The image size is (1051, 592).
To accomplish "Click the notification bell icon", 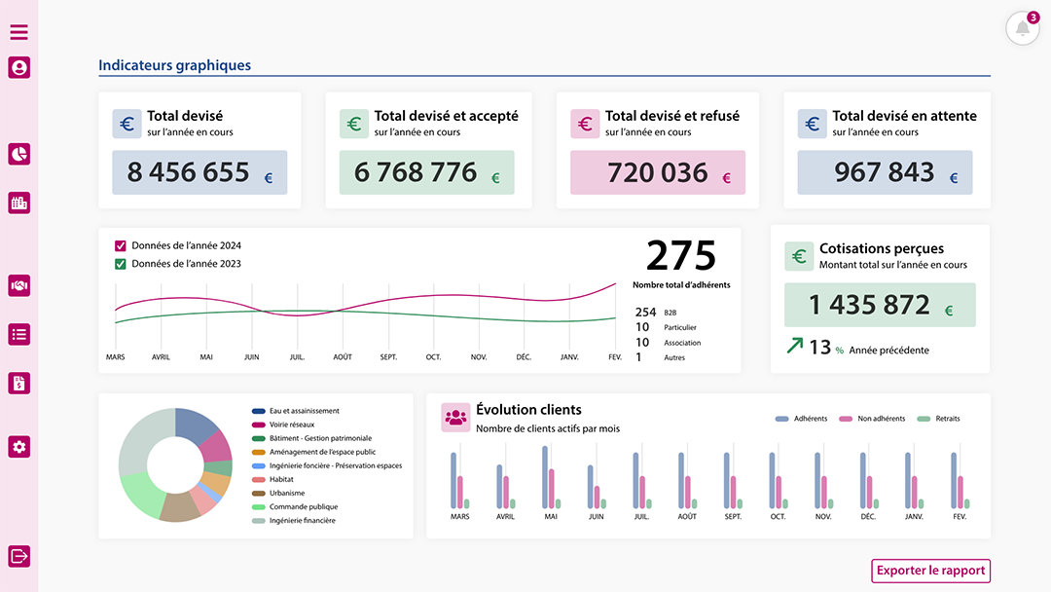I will click(x=1022, y=28).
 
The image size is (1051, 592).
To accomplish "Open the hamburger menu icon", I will click(x=19, y=32).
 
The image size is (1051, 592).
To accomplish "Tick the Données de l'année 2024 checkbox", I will click(x=121, y=245).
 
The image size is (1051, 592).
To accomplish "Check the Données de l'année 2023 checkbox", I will click(x=121, y=264).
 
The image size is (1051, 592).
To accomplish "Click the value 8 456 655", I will click(x=188, y=172).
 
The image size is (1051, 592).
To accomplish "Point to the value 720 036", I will click(x=657, y=172).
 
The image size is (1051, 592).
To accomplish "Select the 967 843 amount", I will click(x=884, y=172).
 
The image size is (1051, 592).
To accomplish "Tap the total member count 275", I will click(x=681, y=256).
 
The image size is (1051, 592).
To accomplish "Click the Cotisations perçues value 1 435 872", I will click(x=869, y=305).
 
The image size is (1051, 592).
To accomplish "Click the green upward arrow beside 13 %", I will click(x=795, y=346).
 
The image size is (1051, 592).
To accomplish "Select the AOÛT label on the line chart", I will click(x=343, y=357).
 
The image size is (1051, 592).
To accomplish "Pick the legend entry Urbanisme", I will click(x=286, y=493).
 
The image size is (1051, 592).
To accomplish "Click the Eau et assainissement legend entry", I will click(x=304, y=411).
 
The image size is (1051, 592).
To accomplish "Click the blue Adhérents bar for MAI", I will click(x=545, y=477).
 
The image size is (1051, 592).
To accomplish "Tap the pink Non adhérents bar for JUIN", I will click(x=598, y=497).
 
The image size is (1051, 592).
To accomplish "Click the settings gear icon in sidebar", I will click(x=19, y=447).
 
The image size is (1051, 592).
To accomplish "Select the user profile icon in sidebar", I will click(x=19, y=67).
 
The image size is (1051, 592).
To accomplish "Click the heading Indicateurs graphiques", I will click(x=175, y=65).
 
